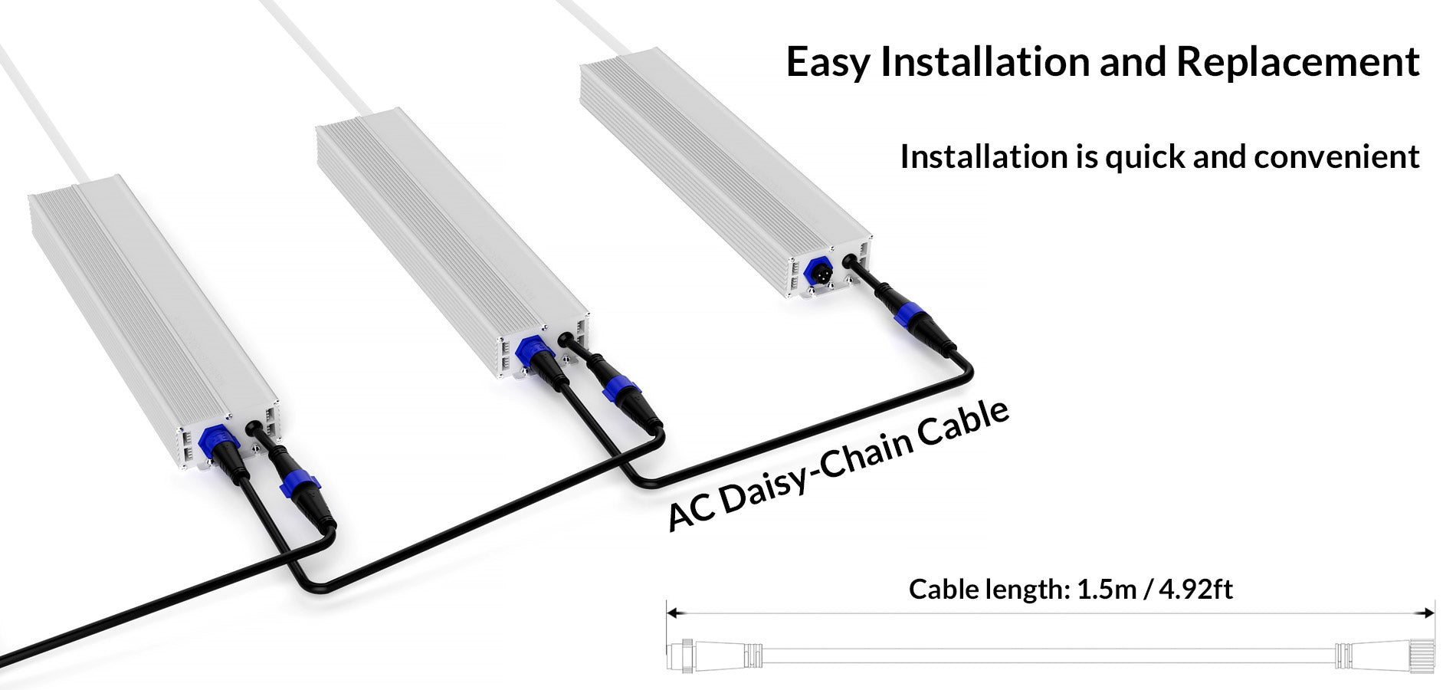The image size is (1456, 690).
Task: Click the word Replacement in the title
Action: point(1297,63)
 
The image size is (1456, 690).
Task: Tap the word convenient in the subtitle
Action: point(1336,157)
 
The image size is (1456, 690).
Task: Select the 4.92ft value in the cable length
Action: point(1195,590)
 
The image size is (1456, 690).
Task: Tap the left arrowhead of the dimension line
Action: point(671,613)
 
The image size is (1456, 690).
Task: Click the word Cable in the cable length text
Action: point(940,590)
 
